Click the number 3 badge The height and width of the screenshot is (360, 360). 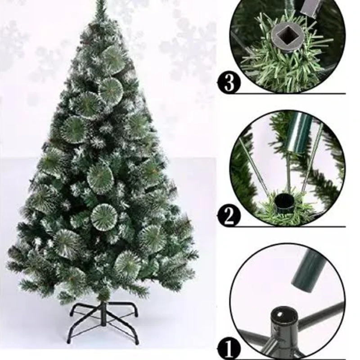(x=229, y=82)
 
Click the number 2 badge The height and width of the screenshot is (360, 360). (x=229, y=216)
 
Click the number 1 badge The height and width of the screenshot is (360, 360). (x=229, y=350)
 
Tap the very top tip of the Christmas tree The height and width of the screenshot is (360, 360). (x=100, y=1)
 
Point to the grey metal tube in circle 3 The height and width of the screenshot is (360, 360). (x=309, y=6)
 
